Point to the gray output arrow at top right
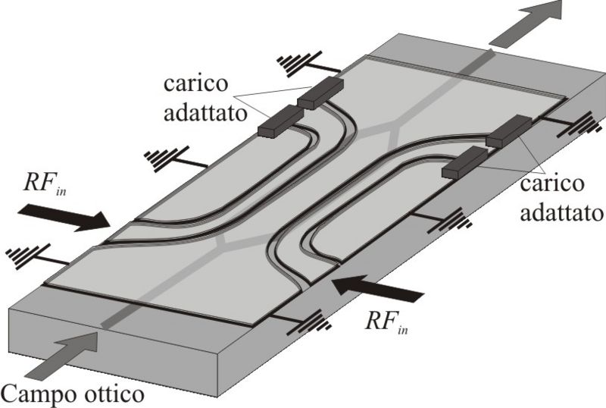(x=526, y=24)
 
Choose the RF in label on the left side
(x=45, y=184)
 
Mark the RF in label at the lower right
(x=386, y=322)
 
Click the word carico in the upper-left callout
(x=195, y=84)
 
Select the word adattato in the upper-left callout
(x=205, y=113)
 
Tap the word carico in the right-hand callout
(x=551, y=184)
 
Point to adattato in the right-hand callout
(x=561, y=212)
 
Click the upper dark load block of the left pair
(x=320, y=93)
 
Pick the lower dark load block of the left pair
(x=280, y=121)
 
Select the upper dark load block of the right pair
(x=508, y=131)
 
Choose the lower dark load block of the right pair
(x=465, y=162)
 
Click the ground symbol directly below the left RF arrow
(x=28, y=256)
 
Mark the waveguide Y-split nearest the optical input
(x=223, y=242)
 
